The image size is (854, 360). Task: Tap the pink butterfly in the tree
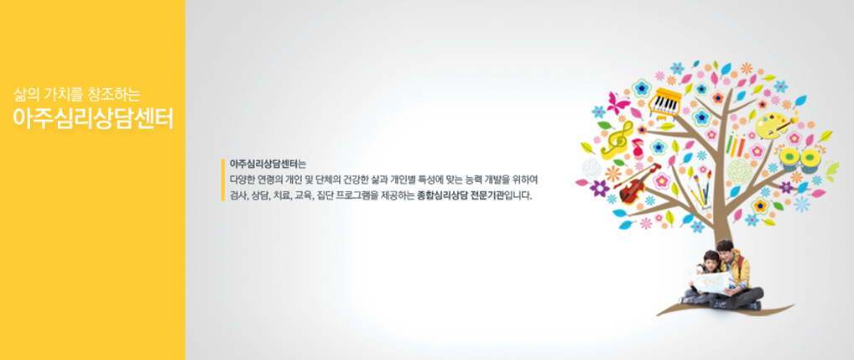[x=619, y=103]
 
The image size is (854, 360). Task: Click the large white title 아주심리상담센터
[x=92, y=118]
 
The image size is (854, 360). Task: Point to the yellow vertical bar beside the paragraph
[x=223, y=180]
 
